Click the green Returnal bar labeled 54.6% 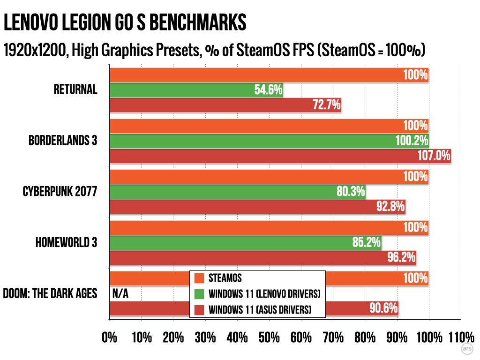tap(197, 90)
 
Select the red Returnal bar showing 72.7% tap(225, 105)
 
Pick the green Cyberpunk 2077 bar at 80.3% tap(237, 191)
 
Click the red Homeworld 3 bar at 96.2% tap(262, 257)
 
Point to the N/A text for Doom tap(120, 294)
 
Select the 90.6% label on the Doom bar tap(384, 308)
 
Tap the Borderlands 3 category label tap(63, 140)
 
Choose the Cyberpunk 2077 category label tap(60, 191)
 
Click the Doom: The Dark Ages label tap(50, 294)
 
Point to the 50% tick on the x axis tap(269, 337)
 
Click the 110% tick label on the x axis tap(461, 337)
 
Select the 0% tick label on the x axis tap(110, 337)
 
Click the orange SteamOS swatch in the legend tap(199, 278)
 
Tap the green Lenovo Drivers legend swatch tap(199, 294)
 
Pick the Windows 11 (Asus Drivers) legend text tap(260, 309)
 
